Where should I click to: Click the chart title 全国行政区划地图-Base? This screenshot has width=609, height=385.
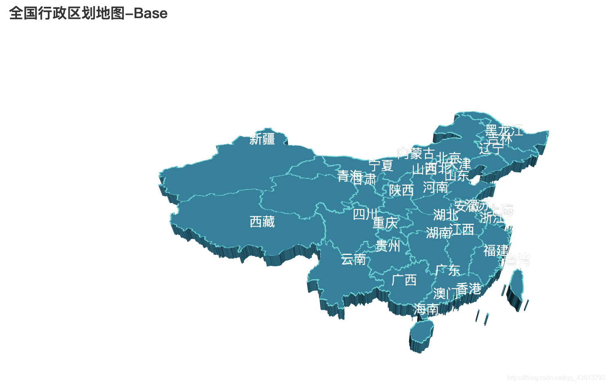point(88,13)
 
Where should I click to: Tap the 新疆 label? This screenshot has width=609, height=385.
point(262,139)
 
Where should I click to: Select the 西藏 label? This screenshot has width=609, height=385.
point(262,221)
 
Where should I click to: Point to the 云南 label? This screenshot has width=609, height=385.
point(353,259)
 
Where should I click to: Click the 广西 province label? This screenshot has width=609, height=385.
point(404,280)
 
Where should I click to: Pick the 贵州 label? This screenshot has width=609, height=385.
point(387,246)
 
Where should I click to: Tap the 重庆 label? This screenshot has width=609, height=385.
point(385,223)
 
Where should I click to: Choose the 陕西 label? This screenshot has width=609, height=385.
point(401,190)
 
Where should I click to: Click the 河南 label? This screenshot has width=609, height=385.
point(435,187)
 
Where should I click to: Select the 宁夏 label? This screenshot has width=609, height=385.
point(381,165)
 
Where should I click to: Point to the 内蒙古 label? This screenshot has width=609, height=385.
point(416,153)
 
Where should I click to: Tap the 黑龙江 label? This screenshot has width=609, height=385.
point(504,130)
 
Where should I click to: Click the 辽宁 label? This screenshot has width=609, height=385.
point(491,149)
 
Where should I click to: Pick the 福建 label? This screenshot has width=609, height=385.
point(496,250)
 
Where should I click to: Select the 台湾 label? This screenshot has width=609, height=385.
point(518,260)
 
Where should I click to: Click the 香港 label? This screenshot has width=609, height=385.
point(468,289)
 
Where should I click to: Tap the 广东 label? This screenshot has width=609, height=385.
point(447,270)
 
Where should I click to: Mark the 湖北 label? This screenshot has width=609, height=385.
point(445,215)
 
